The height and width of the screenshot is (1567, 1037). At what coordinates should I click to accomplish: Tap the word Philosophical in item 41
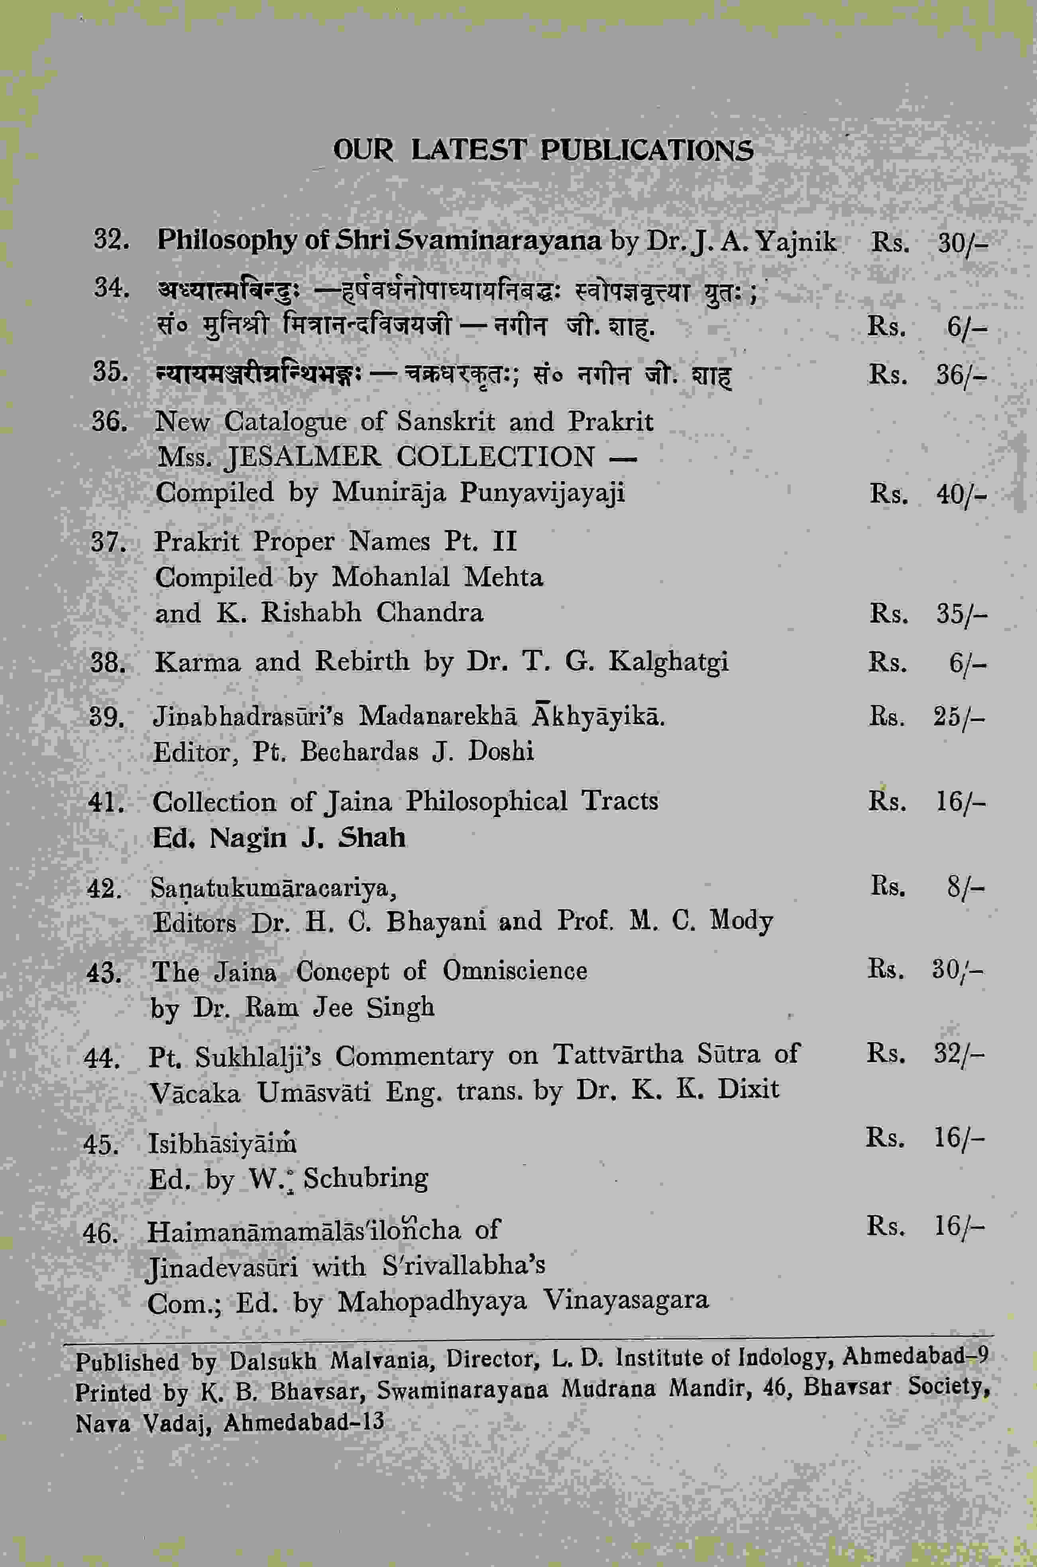(x=487, y=801)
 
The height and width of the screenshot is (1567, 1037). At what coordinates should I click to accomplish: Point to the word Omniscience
(x=515, y=971)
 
